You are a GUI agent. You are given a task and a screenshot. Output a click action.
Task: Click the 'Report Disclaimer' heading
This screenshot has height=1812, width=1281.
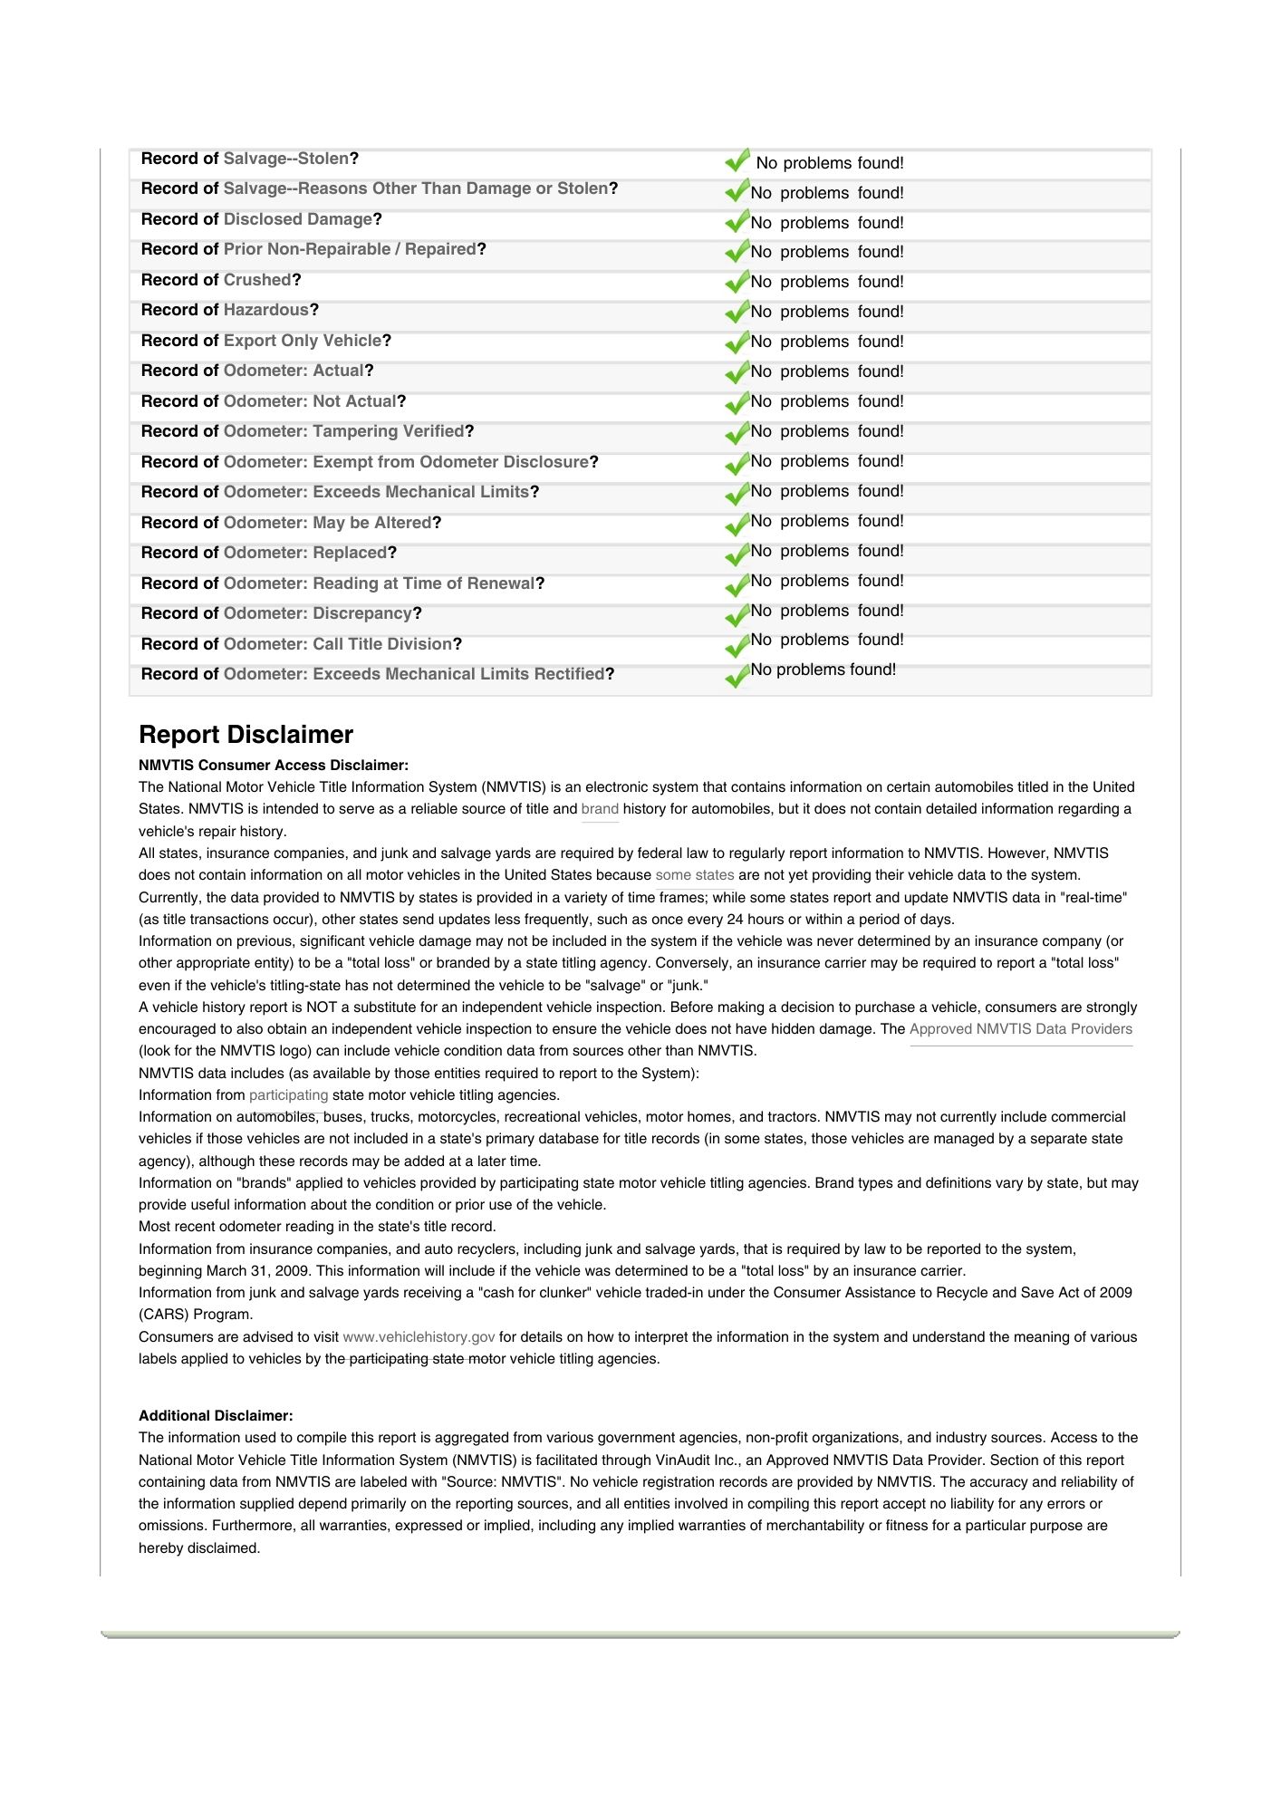click(246, 735)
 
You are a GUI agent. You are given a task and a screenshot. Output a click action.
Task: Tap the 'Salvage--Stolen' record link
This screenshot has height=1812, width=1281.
click(286, 159)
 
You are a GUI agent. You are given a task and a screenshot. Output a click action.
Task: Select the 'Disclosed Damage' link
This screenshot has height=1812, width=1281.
click(298, 219)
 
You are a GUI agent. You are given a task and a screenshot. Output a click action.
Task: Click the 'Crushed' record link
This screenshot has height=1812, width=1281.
click(257, 280)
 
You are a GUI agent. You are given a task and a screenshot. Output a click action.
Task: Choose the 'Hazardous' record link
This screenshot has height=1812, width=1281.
click(266, 310)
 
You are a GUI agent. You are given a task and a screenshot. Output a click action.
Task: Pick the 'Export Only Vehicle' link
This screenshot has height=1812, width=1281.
click(303, 341)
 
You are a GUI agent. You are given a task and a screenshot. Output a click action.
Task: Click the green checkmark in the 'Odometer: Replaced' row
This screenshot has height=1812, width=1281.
click(737, 554)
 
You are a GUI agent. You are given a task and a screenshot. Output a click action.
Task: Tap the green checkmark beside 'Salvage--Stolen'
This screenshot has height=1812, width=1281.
click(737, 161)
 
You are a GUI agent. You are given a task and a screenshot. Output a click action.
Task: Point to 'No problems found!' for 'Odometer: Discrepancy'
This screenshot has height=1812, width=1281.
click(827, 612)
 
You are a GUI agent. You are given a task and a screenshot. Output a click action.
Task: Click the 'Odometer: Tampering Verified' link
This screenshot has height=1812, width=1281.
click(343, 431)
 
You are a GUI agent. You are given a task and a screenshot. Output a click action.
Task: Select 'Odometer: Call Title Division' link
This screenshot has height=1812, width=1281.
click(337, 644)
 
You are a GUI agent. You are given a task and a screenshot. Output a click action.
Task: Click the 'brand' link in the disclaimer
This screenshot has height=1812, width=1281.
click(600, 809)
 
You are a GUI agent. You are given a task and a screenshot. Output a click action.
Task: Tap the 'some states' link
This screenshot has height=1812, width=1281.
click(695, 875)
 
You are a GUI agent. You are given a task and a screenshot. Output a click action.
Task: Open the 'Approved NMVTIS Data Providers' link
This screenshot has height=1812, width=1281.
click(1021, 1029)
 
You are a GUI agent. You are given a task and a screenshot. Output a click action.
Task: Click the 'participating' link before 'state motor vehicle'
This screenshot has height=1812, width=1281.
click(288, 1095)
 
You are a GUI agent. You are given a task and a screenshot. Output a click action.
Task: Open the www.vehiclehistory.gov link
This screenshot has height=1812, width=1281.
click(419, 1337)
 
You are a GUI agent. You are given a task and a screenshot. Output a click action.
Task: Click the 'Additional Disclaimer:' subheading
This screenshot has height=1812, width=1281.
click(216, 1415)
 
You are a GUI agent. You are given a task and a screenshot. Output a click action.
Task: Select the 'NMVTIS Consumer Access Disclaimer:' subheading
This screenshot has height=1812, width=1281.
click(274, 766)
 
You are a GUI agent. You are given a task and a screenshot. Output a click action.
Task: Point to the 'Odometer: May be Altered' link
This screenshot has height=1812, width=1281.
click(327, 523)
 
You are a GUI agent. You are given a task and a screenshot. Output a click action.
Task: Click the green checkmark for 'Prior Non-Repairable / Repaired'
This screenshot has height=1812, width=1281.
click(737, 251)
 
